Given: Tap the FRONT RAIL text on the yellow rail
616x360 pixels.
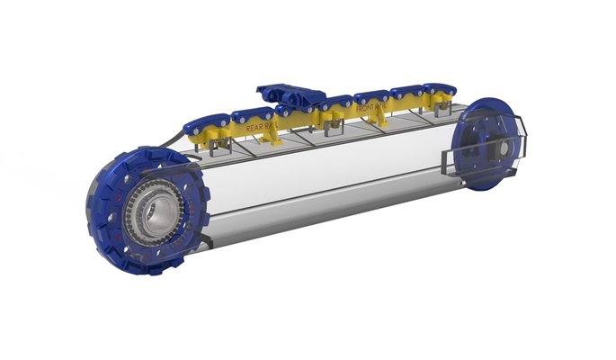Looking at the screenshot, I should click(371, 109).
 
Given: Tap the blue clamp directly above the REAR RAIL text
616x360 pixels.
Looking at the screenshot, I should click(252, 114).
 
